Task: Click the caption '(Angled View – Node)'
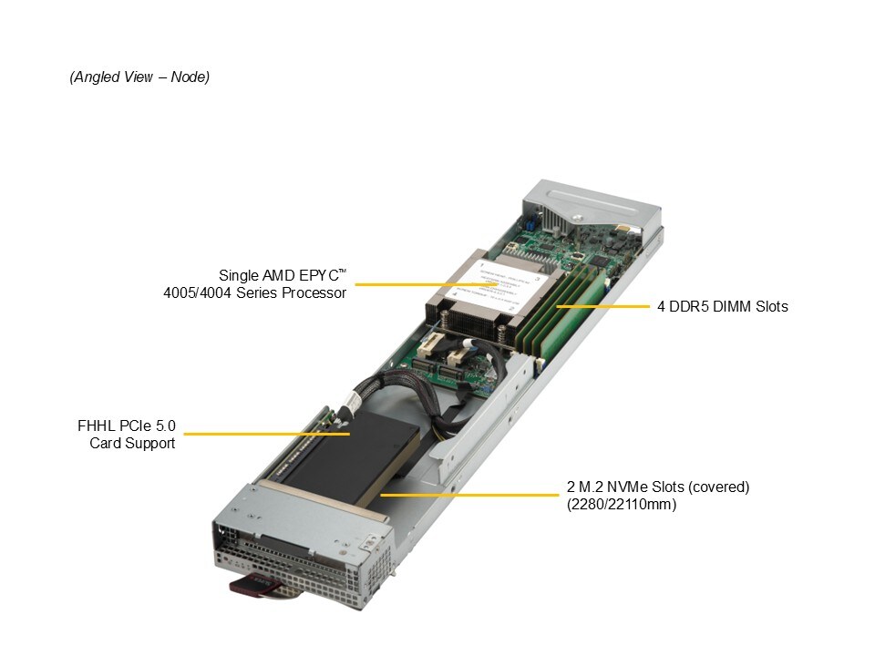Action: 139,77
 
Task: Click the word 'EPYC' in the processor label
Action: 319,275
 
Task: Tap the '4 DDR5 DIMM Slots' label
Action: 722,306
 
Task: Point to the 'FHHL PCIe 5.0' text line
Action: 126,425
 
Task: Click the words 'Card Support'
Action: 132,443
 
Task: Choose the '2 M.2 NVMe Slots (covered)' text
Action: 658,487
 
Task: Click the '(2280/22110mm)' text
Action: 622,504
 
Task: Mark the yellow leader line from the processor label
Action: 417,284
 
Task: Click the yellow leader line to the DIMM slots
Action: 602,306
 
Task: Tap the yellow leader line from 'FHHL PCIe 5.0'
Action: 267,434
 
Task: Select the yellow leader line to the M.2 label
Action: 469,494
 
